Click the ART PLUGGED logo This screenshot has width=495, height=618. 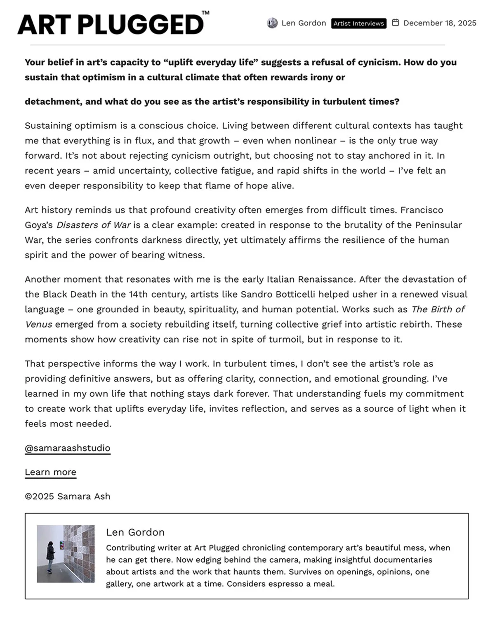tap(111, 24)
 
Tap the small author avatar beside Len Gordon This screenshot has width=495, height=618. tap(272, 23)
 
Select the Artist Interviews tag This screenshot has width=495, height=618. tap(358, 23)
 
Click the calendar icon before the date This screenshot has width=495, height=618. tap(395, 23)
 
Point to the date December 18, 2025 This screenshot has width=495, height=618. tap(440, 23)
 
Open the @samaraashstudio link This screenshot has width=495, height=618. tap(67, 448)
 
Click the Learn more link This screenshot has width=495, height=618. tap(50, 472)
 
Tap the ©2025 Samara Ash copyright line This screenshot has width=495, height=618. tap(67, 496)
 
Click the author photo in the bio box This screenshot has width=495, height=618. tap(66, 554)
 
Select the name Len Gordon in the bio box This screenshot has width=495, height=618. tap(135, 532)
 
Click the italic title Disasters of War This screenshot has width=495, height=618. tap(93, 225)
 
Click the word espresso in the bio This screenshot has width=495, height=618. tap(282, 584)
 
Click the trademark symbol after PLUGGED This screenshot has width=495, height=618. tap(205, 13)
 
